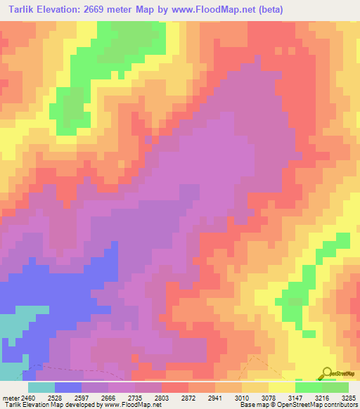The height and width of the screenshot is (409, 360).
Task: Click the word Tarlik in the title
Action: point(25,9)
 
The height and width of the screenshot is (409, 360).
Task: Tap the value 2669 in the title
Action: point(112,9)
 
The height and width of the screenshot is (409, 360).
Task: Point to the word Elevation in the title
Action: point(69,9)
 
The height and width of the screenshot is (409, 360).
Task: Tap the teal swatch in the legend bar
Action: point(41,387)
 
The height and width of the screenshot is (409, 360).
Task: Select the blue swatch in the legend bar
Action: point(68,387)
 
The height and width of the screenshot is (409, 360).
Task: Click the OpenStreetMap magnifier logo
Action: point(327,372)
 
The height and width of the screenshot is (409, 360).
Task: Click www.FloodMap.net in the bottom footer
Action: point(133,405)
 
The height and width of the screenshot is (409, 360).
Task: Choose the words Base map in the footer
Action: point(250,405)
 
